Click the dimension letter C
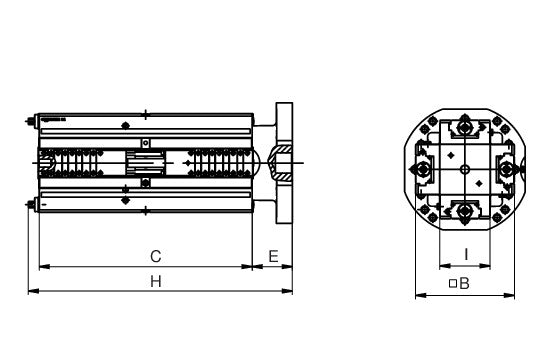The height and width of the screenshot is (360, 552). pyautogui.click(x=156, y=257)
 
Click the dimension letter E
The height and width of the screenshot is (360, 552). pyautogui.click(x=274, y=256)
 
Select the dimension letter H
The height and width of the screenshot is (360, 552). pyautogui.click(x=156, y=282)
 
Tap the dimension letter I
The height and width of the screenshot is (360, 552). pyautogui.click(x=466, y=254)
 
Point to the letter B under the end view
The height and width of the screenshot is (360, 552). pyautogui.click(x=465, y=283)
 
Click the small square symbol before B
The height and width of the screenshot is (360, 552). pyautogui.click(x=453, y=283)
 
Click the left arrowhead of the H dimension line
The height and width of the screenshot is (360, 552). pyautogui.click(x=33, y=291)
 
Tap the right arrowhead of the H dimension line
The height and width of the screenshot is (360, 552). pyautogui.click(x=287, y=291)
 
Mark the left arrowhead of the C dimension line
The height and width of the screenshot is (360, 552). pyautogui.click(x=44, y=267)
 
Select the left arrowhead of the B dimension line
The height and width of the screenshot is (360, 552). pyautogui.click(x=421, y=295)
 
